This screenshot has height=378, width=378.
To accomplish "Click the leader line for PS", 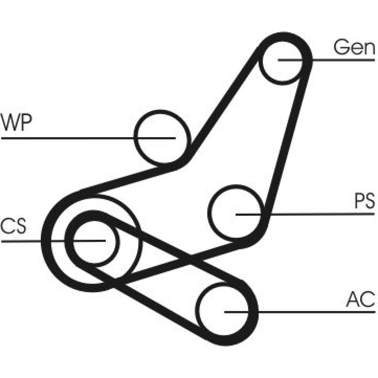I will tap(321, 214).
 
